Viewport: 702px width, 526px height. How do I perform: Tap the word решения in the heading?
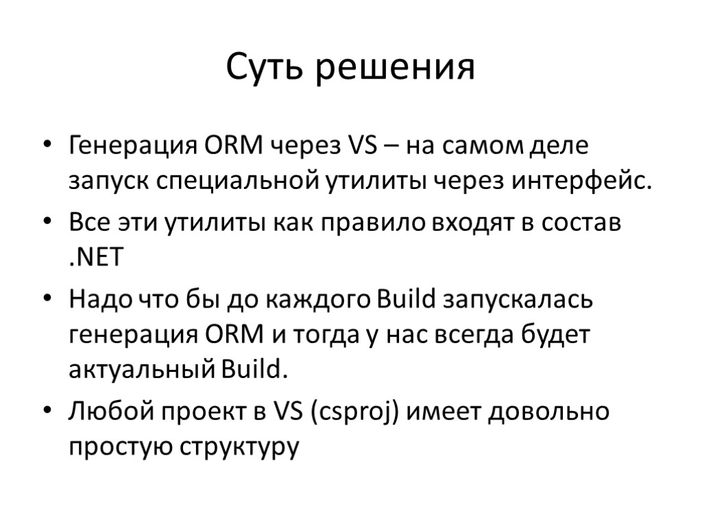pos(395,69)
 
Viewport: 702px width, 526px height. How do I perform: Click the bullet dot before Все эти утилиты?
pos(47,225)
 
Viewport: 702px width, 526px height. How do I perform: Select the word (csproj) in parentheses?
pos(356,413)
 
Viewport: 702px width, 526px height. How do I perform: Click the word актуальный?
pos(141,371)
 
